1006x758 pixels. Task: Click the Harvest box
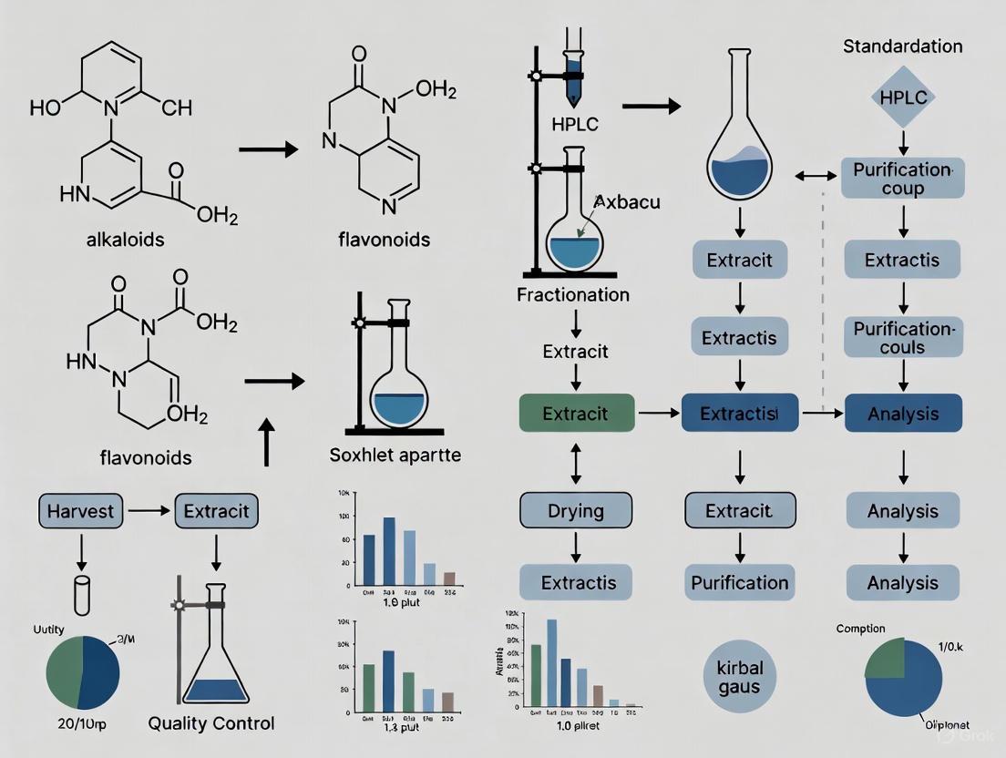[x=81, y=510]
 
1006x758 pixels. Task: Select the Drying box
[x=575, y=510]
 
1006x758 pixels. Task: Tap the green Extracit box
[x=575, y=414]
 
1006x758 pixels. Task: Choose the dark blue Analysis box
[x=903, y=414]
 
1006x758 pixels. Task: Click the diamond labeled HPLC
[x=902, y=97]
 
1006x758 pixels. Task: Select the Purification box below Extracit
[x=739, y=582]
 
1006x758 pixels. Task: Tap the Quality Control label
[x=211, y=724]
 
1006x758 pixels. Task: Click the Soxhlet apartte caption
[x=395, y=455]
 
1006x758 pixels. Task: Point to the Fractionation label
[x=572, y=295]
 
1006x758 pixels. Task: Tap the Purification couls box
[x=902, y=337]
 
